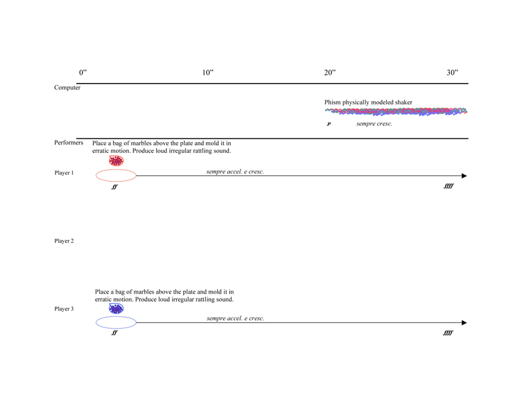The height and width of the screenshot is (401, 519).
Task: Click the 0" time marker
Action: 82,72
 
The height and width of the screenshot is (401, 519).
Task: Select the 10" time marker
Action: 208,72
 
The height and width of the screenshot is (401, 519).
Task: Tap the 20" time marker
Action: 330,72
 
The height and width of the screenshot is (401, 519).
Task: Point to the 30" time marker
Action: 452,72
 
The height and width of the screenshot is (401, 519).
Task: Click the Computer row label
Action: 67,88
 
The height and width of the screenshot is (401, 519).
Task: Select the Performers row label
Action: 69,143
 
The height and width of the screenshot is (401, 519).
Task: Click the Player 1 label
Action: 64,173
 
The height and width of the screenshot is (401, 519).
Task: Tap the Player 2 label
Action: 64,241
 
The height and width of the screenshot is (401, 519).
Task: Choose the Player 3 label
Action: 64,309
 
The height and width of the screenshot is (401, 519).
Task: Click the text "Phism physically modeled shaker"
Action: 368,102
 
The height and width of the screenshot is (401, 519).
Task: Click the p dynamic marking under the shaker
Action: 328,124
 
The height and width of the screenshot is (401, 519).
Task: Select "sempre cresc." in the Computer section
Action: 374,124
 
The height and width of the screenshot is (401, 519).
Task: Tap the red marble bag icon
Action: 116,161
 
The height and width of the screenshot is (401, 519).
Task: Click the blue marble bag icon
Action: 116,309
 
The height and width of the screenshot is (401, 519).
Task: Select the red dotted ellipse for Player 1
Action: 116,175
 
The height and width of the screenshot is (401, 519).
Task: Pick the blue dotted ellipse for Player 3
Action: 116,322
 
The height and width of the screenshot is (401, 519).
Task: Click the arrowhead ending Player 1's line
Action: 464,176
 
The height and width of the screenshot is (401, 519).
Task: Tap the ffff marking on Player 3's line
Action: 448,333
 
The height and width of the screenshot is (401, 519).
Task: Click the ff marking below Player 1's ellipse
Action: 114,187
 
